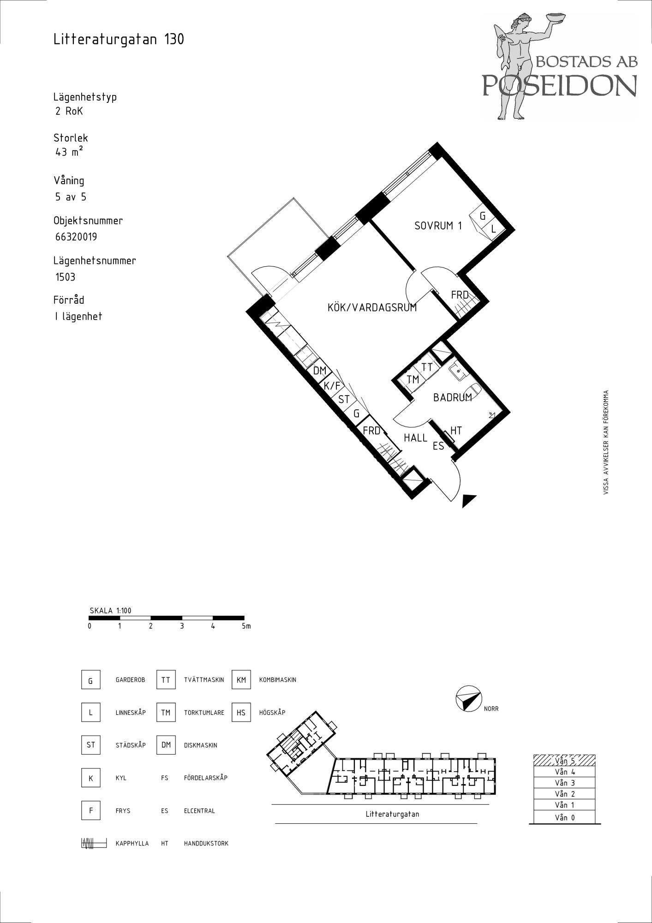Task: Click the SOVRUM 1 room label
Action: (x=438, y=226)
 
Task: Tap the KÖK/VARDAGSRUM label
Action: (x=372, y=307)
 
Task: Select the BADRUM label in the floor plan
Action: (x=452, y=397)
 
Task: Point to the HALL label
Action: (x=415, y=438)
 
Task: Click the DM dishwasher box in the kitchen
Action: (x=320, y=371)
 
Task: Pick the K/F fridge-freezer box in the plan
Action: (x=332, y=385)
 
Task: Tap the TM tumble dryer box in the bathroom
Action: (x=413, y=379)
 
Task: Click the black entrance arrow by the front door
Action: (x=468, y=501)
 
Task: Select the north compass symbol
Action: (x=468, y=698)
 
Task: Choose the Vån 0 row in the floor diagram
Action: (x=564, y=817)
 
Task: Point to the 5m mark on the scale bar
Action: (x=246, y=626)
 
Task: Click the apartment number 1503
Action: (x=65, y=277)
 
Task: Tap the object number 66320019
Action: (x=76, y=237)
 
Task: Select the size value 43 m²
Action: (x=69, y=151)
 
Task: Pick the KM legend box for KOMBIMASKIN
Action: (x=241, y=680)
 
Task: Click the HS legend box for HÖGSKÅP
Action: (x=241, y=713)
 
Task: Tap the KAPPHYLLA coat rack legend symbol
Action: (x=94, y=843)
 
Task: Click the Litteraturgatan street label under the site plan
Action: (x=392, y=815)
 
